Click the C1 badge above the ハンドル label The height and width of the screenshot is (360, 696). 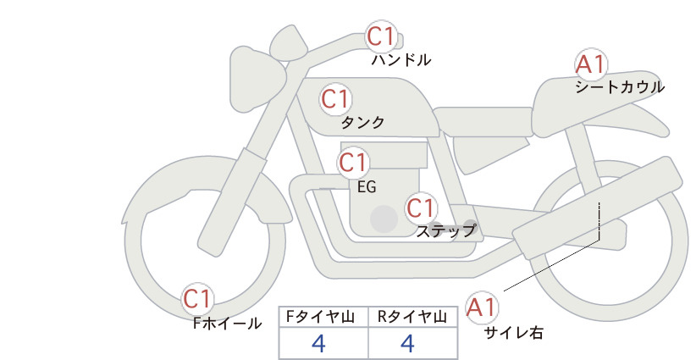point(381,36)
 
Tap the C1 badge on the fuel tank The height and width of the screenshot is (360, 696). point(335,99)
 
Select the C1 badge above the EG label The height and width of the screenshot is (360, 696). point(353,163)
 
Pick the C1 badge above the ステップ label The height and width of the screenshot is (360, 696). point(421,208)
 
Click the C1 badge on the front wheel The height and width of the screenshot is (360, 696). point(197,299)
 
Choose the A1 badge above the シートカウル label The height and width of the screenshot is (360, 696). point(591,64)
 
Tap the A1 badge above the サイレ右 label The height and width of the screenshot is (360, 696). point(482,307)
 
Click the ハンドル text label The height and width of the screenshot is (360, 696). point(401,59)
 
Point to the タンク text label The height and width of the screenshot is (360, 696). point(362,122)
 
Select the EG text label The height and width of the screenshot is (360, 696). point(367,187)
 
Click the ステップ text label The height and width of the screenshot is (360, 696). point(446,231)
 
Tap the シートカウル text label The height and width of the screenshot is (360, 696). point(620,86)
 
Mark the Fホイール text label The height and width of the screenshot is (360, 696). point(227,324)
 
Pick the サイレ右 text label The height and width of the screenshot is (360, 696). point(514,333)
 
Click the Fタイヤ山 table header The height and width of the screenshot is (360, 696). point(320,317)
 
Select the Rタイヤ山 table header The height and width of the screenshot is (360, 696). point(412,317)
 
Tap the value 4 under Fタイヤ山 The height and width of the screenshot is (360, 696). point(319,343)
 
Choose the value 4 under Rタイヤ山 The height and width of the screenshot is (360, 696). point(407,343)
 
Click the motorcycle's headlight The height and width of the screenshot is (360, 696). point(257,80)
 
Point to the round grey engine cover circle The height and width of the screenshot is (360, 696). point(384,219)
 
